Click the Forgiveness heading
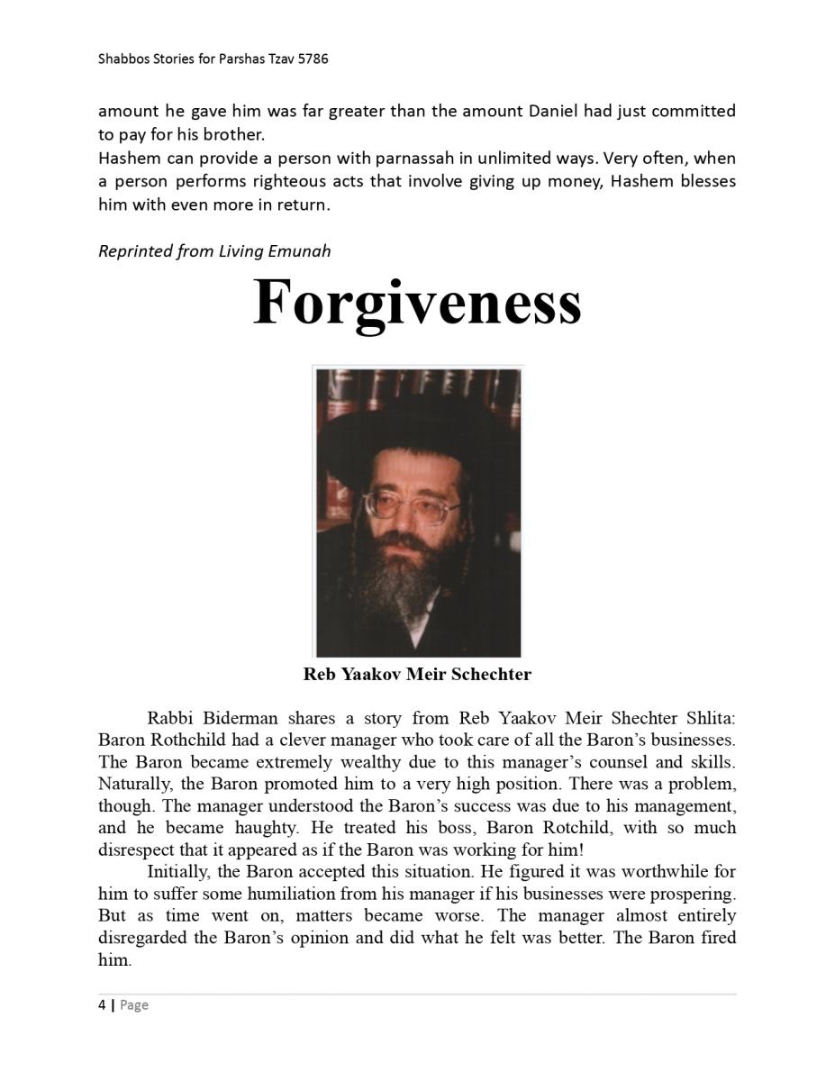(417, 303)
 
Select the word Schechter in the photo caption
(489, 674)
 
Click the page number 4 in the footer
(102, 1005)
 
